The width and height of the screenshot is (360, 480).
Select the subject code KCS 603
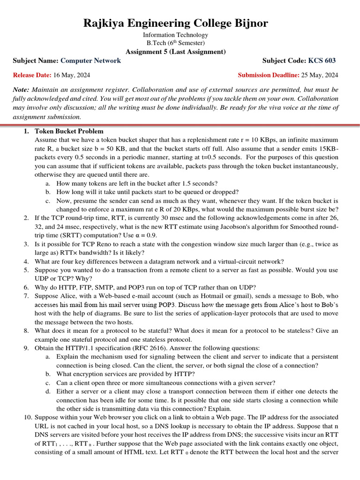coord(322,60)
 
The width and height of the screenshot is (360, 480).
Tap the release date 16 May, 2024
coord(72,75)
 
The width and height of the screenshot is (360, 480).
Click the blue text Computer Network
coord(91,60)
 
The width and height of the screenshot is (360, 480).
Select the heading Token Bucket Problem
coord(69,131)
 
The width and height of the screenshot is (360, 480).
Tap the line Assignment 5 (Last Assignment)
coord(176,52)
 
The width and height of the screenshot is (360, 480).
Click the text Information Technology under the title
coord(176,35)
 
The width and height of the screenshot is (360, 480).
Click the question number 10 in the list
coord(27,417)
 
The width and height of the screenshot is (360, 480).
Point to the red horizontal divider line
coord(180,125)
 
